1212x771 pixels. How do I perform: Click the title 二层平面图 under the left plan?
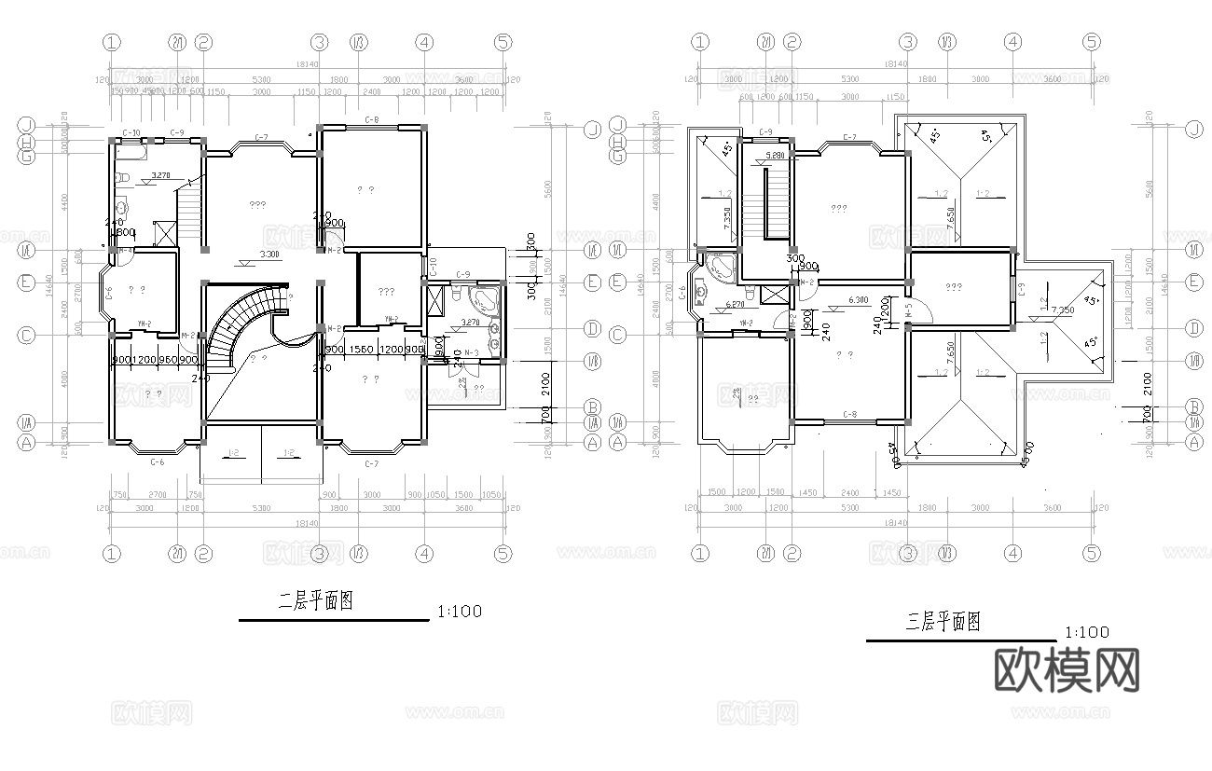tap(316, 601)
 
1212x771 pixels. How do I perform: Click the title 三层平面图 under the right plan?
tap(943, 622)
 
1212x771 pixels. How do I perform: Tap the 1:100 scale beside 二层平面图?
tap(459, 612)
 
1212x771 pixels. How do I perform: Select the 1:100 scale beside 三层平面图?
tap(1086, 632)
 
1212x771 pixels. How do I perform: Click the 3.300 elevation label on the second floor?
tap(269, 255)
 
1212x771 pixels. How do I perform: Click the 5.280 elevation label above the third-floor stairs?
tap(774, 156)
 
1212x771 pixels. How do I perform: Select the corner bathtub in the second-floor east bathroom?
tap(484, 300)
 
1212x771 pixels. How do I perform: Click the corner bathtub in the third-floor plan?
tap(721, 268)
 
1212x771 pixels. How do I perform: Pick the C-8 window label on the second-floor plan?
tap(371, 119)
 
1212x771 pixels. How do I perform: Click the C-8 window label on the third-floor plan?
tap(849, 414)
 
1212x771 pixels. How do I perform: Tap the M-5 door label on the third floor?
tap(908, 315)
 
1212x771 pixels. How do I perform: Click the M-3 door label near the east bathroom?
tap(472, 352)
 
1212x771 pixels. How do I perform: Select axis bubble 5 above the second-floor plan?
tap(503, 42)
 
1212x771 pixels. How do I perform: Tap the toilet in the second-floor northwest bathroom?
tap(122, 178)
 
